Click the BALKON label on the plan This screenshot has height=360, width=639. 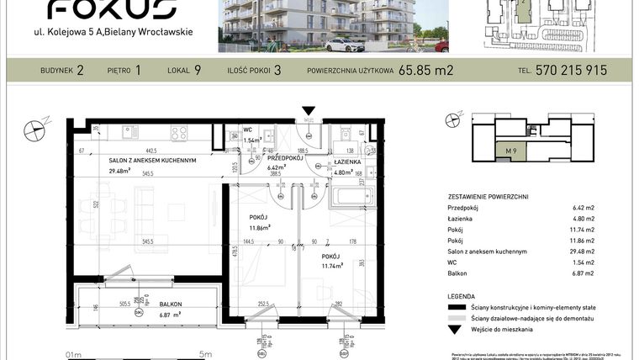click(170, 304)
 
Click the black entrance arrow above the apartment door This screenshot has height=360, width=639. click(309, 110)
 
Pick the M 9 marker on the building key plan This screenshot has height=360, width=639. click(510, 151)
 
